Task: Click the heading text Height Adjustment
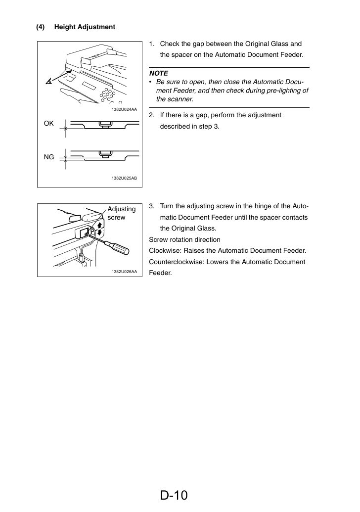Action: [85, 27]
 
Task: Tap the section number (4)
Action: [40, 27]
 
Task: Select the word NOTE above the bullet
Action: [159, 74]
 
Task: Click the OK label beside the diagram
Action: [48, 124]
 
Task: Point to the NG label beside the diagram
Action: [48, 157]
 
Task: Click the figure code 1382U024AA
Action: [124, 109]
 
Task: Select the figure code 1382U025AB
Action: [124, 178]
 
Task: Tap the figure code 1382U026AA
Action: [124, 272]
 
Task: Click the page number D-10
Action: [174, 495]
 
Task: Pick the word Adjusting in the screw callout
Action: [122, 209]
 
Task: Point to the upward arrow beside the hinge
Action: [99, 225]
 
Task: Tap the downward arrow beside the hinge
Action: [99, 233]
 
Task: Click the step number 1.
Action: [151, 44]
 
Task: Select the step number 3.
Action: [151, 206]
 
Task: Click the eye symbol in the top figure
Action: [48, 81]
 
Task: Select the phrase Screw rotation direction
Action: [185, 239]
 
